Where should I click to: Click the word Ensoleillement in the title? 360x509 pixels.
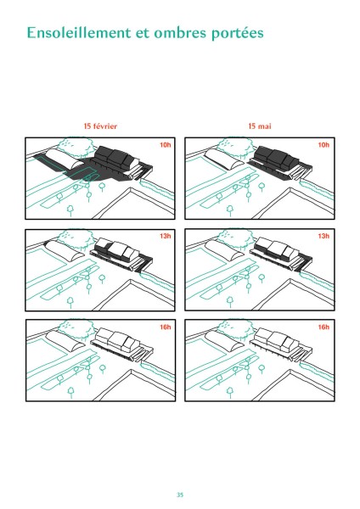click(x=79, y=33)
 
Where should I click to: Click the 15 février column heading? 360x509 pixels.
click(x=100, y=126)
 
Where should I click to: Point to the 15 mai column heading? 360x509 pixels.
click(x=260, y=126)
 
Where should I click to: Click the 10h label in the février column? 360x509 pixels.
click(x=165, y=145)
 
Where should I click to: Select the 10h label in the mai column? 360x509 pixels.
click(x=323, y=145)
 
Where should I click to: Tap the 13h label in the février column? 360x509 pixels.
click(x=165, y=236)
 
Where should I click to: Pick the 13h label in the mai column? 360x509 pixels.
click(x=323, y=236)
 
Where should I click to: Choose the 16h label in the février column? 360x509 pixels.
click(x=165, y=327)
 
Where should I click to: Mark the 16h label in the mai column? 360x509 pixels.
click(x=323, y=327)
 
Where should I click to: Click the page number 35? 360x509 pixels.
click(x=180, y=495)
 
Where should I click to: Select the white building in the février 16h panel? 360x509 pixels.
click(x=118, y=339)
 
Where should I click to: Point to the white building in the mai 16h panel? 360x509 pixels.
click(x=277, y=339)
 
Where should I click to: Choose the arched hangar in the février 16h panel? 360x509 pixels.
click(x=66, y=341)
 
